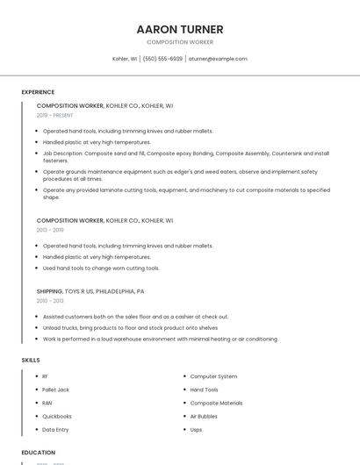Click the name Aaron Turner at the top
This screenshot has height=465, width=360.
tap(180, 30)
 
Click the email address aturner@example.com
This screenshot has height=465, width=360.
tap(218, 59)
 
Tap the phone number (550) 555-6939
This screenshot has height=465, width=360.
tap(162, 59)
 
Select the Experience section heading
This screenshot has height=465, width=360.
tap(38, 92)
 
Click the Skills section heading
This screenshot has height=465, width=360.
tap(30, 360)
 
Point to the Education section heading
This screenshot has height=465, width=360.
tap(37, 453)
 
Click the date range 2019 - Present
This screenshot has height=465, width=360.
tap(54, 115)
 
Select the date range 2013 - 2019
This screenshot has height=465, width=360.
tap(50, 230)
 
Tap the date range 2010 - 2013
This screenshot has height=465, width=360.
tap(50, 301)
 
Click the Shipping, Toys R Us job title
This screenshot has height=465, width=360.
tap(90, 291)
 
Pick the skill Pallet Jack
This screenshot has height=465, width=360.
tap(55, 390)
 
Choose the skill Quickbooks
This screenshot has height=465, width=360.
tap(57, 416)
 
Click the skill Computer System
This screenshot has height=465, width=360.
tap(213, 376)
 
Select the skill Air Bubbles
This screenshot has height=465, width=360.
tap(204, 416)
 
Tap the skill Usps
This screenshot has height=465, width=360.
tap(196, 430)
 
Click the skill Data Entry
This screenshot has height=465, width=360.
tap(55, 430)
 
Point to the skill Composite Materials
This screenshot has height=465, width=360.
tap(216, 403)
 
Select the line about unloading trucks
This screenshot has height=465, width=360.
tap(130, 327)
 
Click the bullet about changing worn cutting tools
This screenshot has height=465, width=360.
tap(101, 268)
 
